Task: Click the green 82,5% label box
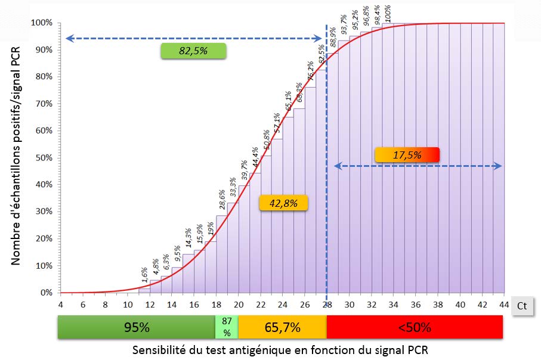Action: click(193, 51)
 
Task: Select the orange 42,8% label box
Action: click(283, 203)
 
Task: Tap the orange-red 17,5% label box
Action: click(407, 154)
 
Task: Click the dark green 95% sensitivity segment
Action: click(136, 327)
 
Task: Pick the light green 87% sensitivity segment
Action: click(226, 327)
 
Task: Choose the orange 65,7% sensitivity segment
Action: click(282, 327)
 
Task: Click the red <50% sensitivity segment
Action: click(415, 327)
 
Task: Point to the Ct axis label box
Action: click(521, 306)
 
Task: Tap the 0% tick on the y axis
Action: click(45, 293)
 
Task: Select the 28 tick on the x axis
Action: click(327, 305)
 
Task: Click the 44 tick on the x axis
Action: click(504, 305)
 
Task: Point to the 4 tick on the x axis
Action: click(60, 305)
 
